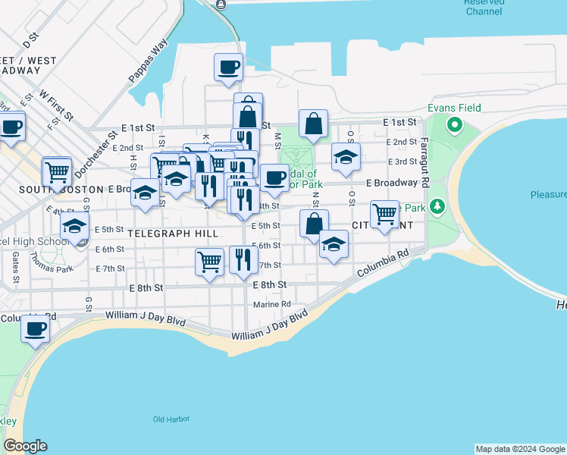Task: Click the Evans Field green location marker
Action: (x=455, y=124)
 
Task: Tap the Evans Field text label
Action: (x=454, y=108)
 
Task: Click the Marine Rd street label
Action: (x=272, y=304)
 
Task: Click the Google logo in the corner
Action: (x=25, y=446)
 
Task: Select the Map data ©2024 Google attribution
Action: (x=520, y=449)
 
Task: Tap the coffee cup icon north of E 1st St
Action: (x=229, y=68)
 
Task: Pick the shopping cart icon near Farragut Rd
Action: (x=385, y=215)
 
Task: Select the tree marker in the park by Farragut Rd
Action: (x=437, y=206)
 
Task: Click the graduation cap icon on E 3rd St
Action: (x=346, y=157)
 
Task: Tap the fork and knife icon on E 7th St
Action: (x=243, y=260)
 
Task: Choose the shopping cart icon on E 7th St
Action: (x=209, y=262)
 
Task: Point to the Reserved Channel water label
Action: (x=485, y=7)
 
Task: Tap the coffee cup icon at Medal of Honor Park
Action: (x=274, y=177)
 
